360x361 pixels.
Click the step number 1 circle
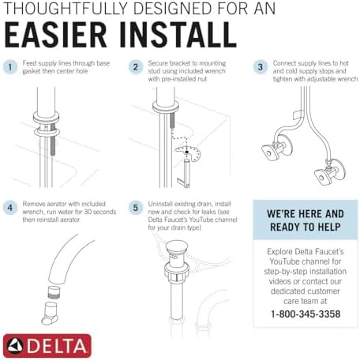[10, 67]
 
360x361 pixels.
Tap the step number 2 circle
[135, 67]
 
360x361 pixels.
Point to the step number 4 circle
[10, 209]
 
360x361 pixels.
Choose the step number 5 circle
[135, 209]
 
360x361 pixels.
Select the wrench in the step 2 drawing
[187, 170]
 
